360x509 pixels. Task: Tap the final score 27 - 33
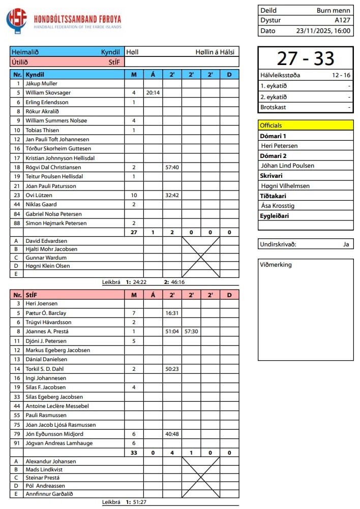306,59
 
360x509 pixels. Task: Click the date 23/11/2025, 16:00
323,30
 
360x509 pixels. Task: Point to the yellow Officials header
306,125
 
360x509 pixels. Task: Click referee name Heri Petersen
279,146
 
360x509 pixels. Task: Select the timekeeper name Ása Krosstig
278,206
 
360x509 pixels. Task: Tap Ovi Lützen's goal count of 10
134,196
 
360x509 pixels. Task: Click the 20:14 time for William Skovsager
153,93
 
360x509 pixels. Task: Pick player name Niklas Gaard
42,205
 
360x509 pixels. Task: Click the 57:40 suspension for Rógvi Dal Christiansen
172,168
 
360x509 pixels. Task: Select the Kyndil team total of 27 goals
134,233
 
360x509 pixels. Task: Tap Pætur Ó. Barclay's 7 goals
134,313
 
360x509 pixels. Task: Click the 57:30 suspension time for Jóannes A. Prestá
191,332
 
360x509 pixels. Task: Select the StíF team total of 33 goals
134,453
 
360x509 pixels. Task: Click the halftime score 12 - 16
341,75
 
